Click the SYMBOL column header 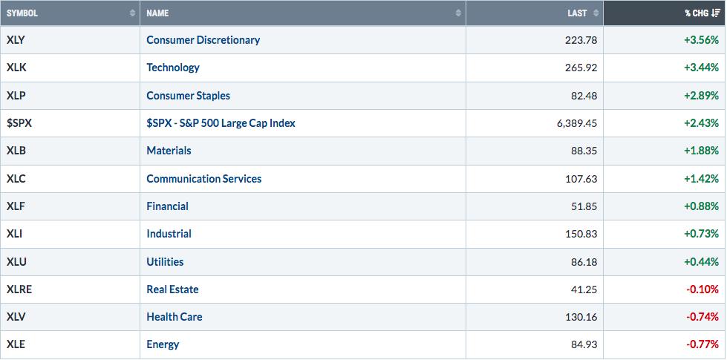(22, 13)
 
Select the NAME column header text (157, 13)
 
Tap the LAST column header (577, 13)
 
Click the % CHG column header (697, 13)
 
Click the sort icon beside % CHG (716, 13)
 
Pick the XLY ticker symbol (16, 40)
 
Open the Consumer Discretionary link (203, 40)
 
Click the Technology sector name (173, 68)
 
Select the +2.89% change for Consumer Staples (702, 96)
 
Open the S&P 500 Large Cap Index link (221, 123)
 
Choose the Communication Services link (204, 178)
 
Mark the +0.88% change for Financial (702, 206)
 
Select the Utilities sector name (165, 262)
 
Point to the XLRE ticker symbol (19, 289)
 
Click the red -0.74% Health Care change (703, 317)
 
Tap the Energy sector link (163, 344)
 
